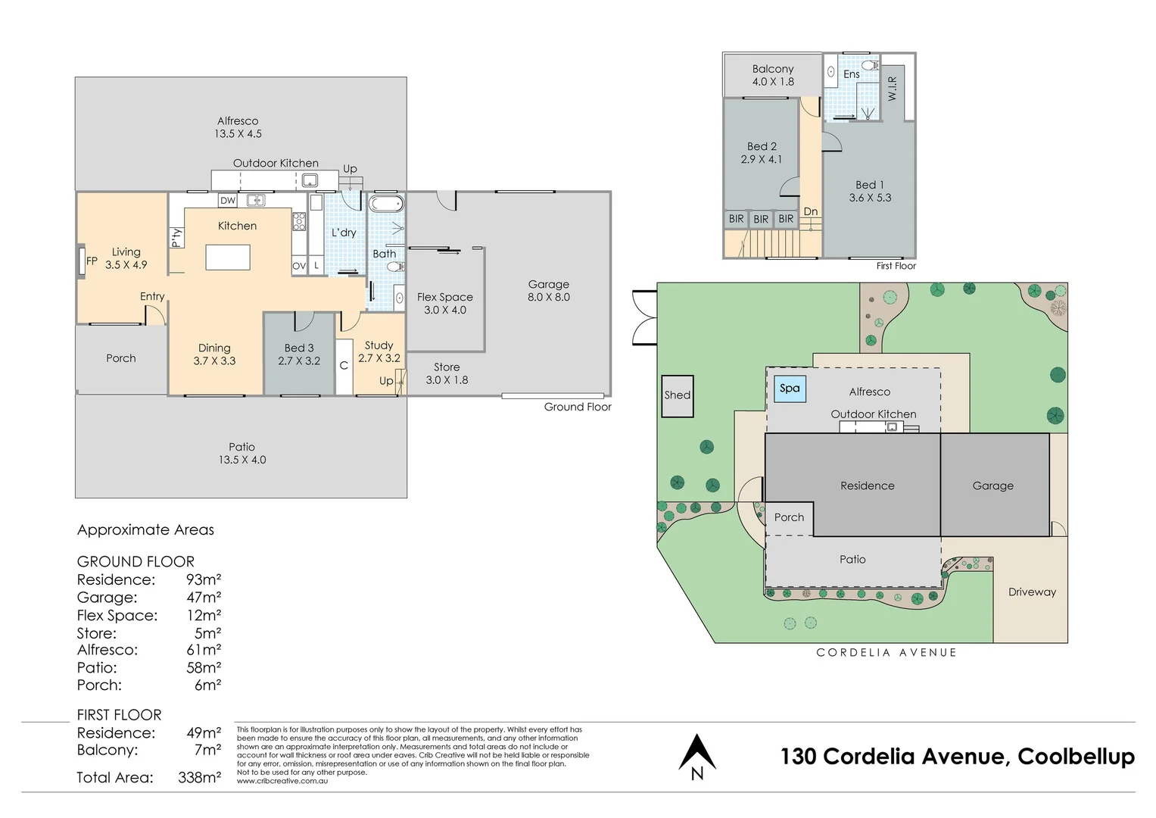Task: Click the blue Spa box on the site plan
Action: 790,389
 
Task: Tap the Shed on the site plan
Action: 677,395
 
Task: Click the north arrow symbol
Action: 696,751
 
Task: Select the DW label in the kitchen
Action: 228,201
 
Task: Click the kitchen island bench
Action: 228,258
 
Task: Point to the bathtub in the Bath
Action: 386,204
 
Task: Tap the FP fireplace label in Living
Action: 92,261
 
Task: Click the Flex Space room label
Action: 445,297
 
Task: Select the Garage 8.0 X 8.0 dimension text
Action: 549,297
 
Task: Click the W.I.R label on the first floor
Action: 893,89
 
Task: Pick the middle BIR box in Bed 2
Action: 761,219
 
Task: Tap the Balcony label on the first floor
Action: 772,69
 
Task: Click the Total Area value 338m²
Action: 199,777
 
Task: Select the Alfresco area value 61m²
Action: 204,650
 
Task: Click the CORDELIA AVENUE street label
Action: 886,652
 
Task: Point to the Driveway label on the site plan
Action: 1032,592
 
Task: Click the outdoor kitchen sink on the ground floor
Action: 310,180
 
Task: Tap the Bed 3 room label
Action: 299,348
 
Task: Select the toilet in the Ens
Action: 871,65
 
